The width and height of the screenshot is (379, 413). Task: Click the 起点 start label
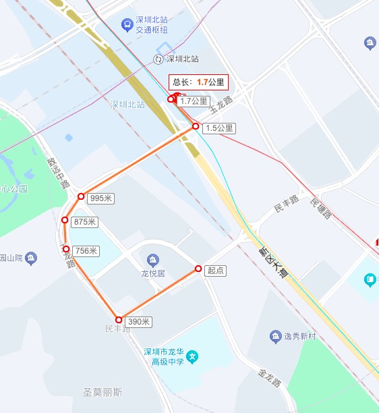pos(216,270)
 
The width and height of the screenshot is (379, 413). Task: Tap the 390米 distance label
pos(138,322)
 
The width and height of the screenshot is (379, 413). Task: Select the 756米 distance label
pos(86,251)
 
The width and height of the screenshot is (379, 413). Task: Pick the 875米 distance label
pos(86,222)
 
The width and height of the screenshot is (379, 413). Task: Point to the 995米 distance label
pos(101,198)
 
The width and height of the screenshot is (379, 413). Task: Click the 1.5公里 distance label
pos(219,128)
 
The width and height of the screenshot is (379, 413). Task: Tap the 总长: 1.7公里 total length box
pos(198,82)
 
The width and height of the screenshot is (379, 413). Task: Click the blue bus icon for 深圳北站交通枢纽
pos(127,25)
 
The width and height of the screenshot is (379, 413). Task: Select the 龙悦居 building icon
pos(153,260)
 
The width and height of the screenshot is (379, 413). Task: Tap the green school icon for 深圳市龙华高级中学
pos(192,356)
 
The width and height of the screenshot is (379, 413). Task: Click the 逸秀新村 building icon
pos(275,335)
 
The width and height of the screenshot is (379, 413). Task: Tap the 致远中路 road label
pos(59,173)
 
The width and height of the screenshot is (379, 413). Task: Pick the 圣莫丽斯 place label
pos(103,392)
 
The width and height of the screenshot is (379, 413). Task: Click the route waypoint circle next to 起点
pos(198,269)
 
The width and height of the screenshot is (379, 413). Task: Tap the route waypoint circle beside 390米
pos(119,320)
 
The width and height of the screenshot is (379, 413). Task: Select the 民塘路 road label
pos(321,208)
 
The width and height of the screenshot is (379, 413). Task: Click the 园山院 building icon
pos(30,257)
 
